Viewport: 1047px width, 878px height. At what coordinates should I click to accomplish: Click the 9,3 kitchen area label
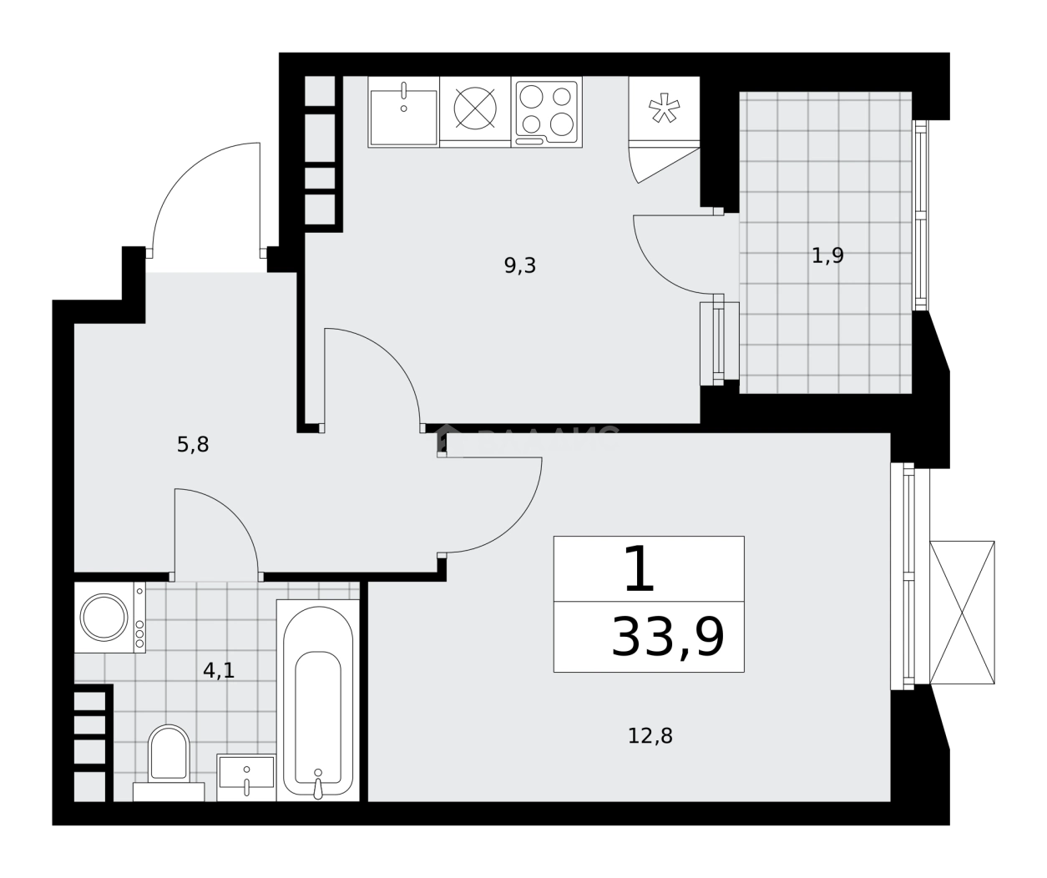(x=519, y=266)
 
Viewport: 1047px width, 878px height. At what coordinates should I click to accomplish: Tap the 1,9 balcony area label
(x=827, y=255)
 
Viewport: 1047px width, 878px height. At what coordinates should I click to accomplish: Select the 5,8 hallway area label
(x=192, y=445)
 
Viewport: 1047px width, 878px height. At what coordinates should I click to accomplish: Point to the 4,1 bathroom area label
(x=219, y=670)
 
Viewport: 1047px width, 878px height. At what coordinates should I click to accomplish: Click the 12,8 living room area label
(x=650, y=736)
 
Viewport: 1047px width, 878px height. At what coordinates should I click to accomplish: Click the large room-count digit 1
(x=640, y=570)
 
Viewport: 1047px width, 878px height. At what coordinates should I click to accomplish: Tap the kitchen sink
(x=403, y=114)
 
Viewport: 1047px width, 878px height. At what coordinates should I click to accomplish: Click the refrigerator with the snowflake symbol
(x=664, y=109)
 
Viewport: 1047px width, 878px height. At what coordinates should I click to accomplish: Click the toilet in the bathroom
(x=169, y=755)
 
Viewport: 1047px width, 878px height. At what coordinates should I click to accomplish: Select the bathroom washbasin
(x=246, y=775)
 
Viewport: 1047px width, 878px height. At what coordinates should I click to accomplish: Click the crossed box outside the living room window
(x=962, y=613)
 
